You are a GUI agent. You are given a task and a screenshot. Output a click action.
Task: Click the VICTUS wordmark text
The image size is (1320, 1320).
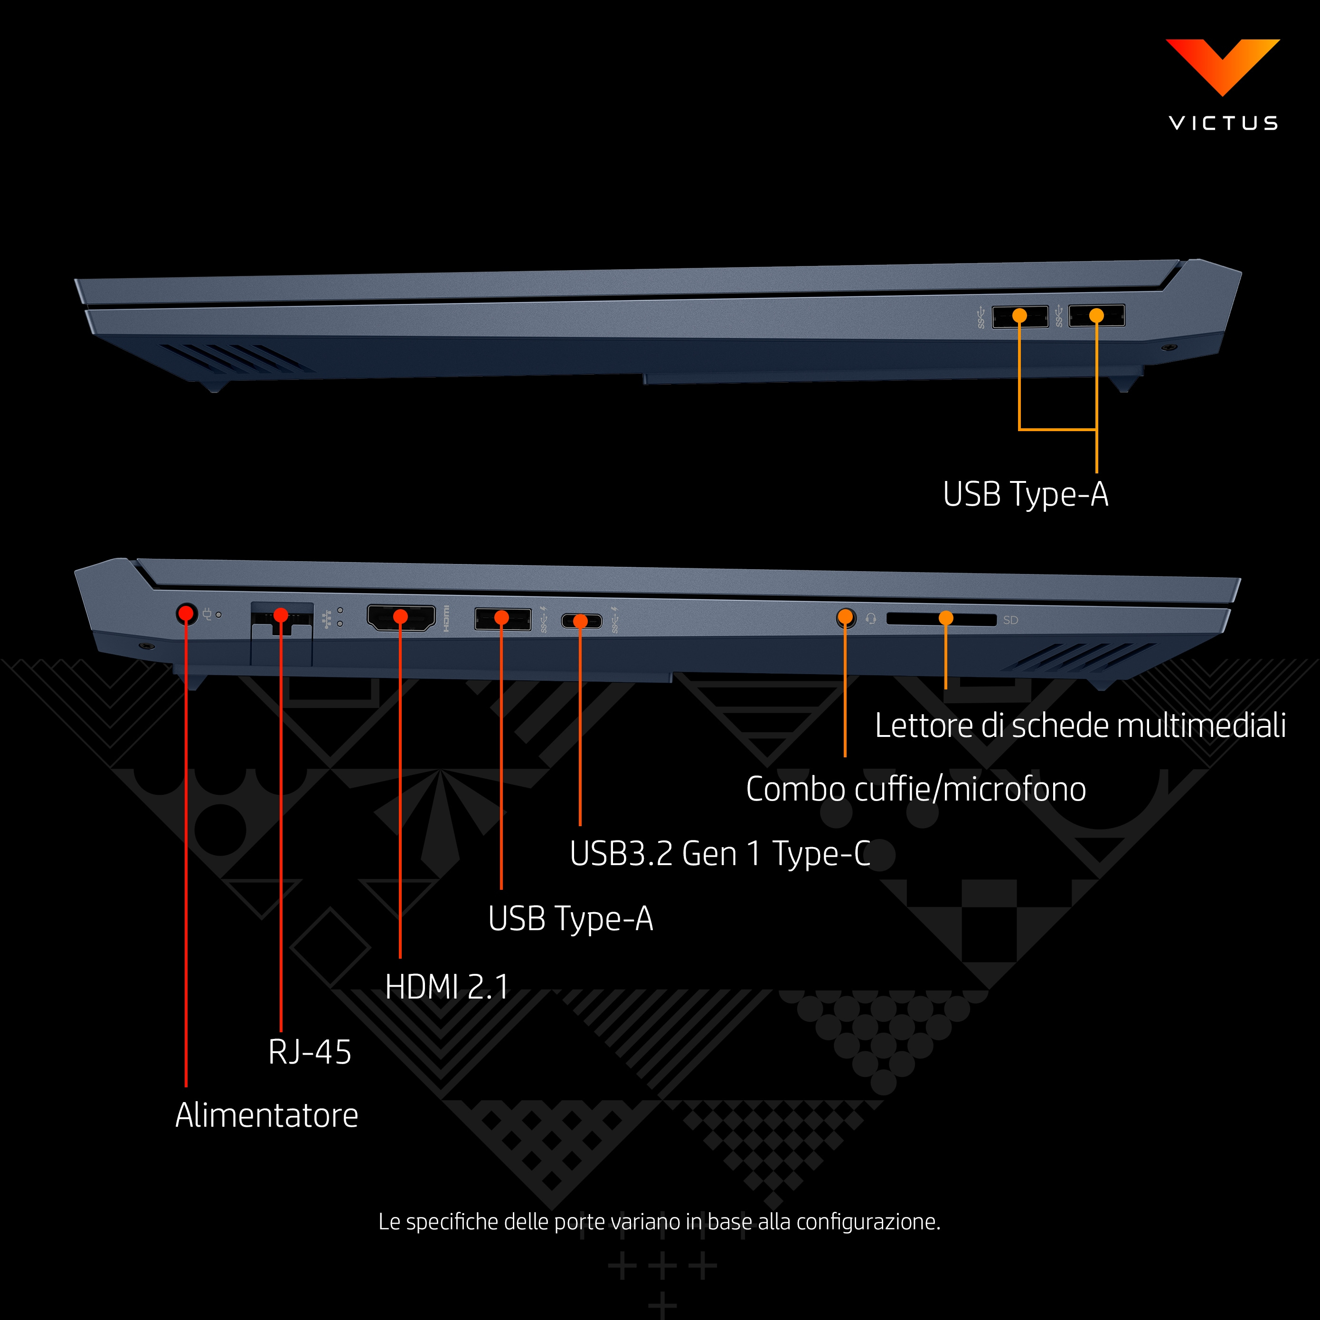(x=1223, y=123)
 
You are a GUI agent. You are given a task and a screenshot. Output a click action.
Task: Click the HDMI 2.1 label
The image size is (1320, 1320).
(x=447, y=987)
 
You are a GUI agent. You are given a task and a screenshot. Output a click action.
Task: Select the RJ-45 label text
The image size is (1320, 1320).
(x=310, y=1052)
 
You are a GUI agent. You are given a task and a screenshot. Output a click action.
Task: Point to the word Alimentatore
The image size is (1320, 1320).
(x=266, y=1115)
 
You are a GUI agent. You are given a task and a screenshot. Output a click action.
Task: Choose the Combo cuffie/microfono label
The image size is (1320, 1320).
(x=915, y=789)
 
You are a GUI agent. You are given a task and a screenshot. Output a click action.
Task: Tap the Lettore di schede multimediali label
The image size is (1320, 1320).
(x=1080, y=725)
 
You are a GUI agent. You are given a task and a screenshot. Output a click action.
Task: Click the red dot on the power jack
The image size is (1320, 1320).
(x=186, y=613)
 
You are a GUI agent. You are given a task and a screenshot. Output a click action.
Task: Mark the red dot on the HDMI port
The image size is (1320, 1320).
(x=400, y=617)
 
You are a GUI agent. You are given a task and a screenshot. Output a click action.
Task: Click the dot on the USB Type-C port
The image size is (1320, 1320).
(x=580, y=621)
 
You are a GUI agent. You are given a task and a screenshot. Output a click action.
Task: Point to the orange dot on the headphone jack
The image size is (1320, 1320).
(x=845, y=617)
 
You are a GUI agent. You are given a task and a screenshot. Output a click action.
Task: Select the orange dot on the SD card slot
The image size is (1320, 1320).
(x=945, y=618)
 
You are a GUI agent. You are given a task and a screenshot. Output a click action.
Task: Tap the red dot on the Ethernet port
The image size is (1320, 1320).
(x=280, y=615)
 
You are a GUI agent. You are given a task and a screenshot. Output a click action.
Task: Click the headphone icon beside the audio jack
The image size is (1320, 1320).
(x=870, y=618)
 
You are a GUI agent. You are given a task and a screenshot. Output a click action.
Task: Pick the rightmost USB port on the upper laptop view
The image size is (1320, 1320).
(x=1096, y=316)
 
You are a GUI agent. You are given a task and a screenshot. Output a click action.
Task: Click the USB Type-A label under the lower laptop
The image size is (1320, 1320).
(x=571, y=919)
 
